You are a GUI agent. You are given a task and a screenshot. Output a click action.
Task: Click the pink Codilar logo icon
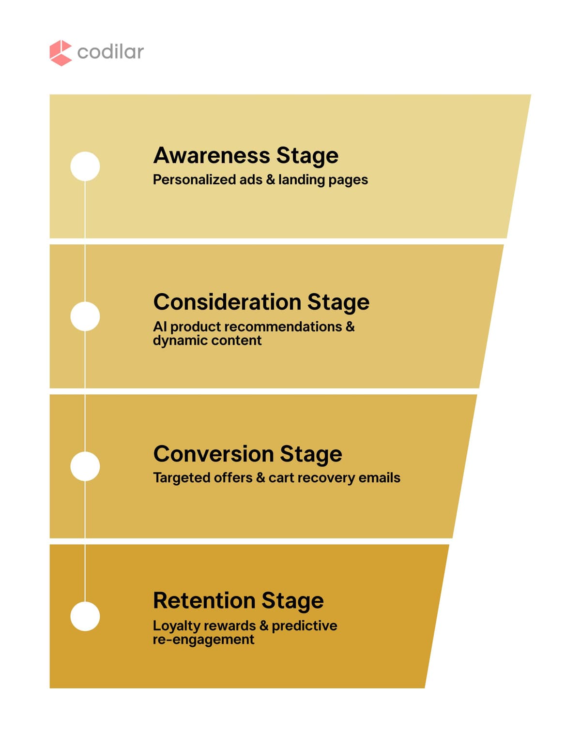[x=61, y=53]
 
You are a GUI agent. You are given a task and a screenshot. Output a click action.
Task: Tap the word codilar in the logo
[x=110, y=52]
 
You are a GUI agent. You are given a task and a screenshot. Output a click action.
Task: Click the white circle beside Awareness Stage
[x=85, y=166]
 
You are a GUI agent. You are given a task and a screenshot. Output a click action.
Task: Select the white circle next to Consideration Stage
[x=85, y=316]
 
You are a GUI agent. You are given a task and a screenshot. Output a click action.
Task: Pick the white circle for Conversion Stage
[x=85, y=466]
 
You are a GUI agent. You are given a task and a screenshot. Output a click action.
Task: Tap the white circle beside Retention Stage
[x=85, y=616]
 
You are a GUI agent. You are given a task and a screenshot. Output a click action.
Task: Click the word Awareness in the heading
[x=212, y=156]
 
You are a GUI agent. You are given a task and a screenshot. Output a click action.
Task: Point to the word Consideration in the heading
[x=227, y=302]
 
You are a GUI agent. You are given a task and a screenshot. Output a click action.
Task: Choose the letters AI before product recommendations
[x=159, y=327]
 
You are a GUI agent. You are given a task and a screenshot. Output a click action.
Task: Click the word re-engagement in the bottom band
[x=203, y=640]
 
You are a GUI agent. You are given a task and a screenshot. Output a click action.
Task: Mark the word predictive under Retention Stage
[x=304, y=626]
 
